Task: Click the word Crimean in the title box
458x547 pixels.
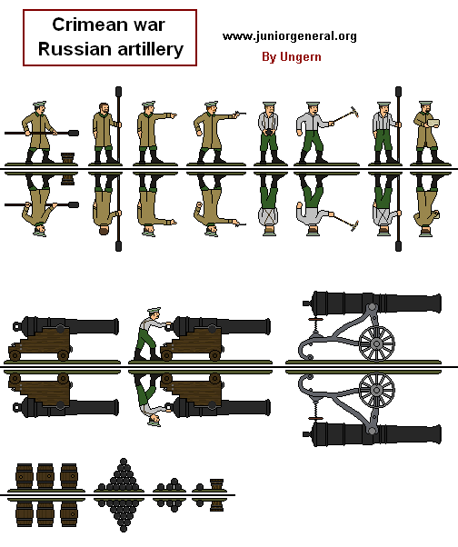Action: (x=85, y=26)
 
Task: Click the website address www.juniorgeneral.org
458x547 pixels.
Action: (x=289, y=36)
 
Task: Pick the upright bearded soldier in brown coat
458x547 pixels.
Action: (x=101, y=134)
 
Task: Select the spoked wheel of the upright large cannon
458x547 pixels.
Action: (x=377, y=343)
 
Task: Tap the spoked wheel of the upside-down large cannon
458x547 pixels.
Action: (x=377, y=390)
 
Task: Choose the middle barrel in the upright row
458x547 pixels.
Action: (x=47, y=477)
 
